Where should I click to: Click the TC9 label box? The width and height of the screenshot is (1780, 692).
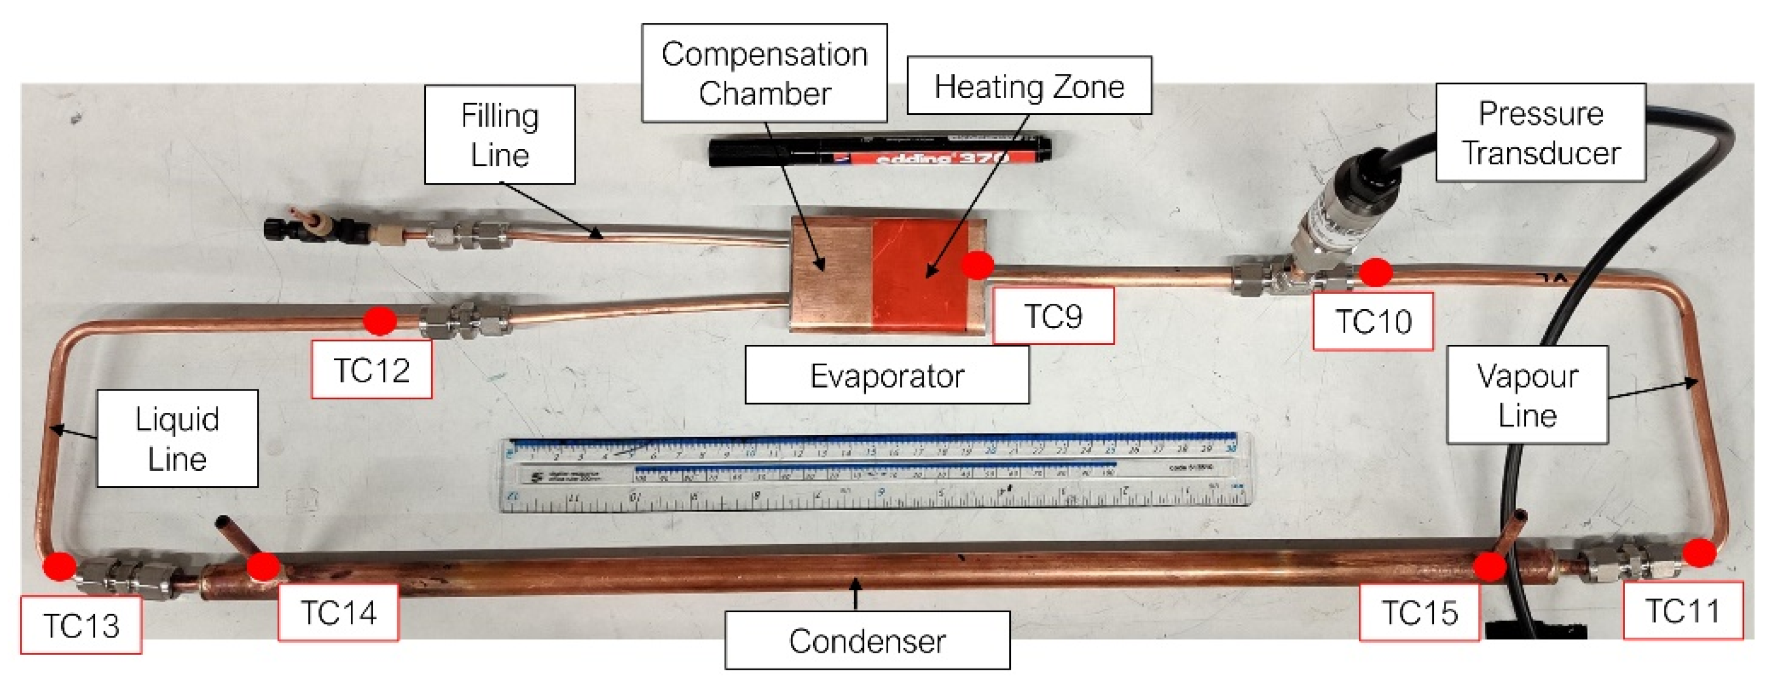tap(1053, 316)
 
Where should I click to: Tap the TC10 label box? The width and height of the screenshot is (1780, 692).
tap(1372, 321)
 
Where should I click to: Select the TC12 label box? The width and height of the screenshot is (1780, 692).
tap(372, 370)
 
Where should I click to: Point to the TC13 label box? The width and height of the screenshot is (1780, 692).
tap(81, 625)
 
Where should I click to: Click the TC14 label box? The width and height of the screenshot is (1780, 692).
tap(338, 612)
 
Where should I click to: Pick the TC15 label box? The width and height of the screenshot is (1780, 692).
tap(1419, 612)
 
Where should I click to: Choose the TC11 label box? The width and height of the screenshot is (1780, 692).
tap(1682, 610)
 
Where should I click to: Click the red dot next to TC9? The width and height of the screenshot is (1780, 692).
tap(977, 264)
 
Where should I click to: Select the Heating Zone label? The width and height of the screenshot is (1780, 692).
tap(1028, 86)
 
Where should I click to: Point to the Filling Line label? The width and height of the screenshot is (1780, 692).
tap(500, 135)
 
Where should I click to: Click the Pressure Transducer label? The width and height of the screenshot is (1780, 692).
tap(1540, 133)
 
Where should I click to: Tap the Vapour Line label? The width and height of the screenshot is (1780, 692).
tap(1527, 395)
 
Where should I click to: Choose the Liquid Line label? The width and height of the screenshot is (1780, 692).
tap(177, 439)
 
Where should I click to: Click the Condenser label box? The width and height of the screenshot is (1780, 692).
tap(867, 640)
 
